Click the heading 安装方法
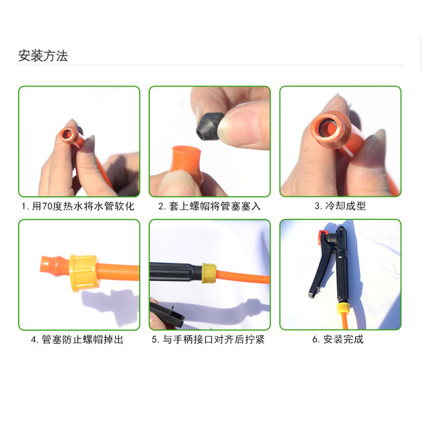(43, 56)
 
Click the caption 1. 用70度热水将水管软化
(78, 207)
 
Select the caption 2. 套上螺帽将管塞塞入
(209, 207)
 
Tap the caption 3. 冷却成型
(340, 207)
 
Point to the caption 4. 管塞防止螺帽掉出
(78, 340)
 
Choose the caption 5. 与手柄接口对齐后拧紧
(209, 340)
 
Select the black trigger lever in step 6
(317, 274)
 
